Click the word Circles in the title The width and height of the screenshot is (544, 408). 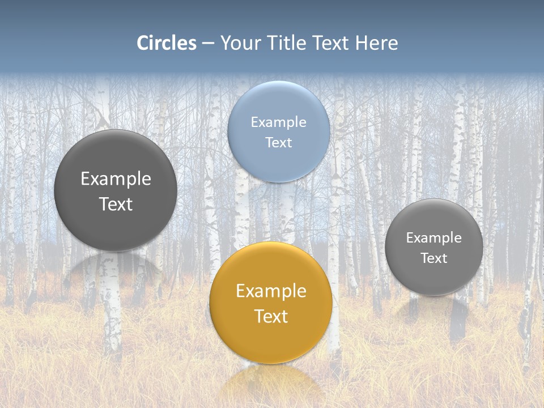click(x=166, y=43)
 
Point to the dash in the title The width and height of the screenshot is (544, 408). click(x=208, y=44)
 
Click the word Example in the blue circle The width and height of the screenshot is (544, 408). click(x=278, y=122)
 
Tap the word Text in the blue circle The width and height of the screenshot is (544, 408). click(x=278, y=142)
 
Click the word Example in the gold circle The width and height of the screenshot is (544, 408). click(x=271, y=291)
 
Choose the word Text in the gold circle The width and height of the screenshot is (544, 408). click(x=271, y=316)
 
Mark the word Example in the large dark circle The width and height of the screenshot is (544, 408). click(x=116, y=179)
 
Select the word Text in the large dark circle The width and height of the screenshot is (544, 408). click(x=116, y=204)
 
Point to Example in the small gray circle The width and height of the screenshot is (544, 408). click(x=433, y=238)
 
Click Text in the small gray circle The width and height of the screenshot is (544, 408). click(x=433, y=258)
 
